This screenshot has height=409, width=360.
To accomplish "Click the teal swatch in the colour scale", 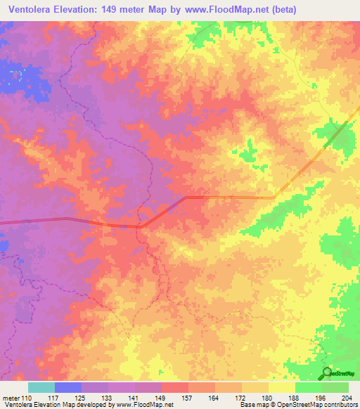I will click(x=41, y=387).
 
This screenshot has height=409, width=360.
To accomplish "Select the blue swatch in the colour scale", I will click(x=68, y=387).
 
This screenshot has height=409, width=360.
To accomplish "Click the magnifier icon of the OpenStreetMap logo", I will click(x=327, y=373).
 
